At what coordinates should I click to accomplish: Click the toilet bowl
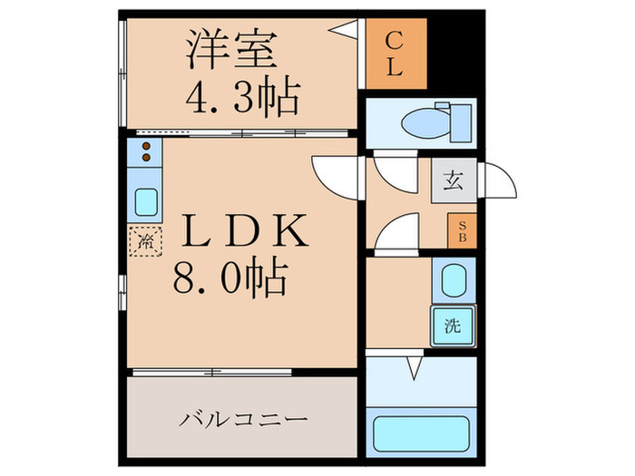[423, 122]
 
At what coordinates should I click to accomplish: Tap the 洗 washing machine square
[452, 325]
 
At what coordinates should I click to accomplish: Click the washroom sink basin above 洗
[451, 282]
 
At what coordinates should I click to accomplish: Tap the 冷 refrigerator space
[145, 241]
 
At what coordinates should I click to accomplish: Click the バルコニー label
[243, 421]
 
